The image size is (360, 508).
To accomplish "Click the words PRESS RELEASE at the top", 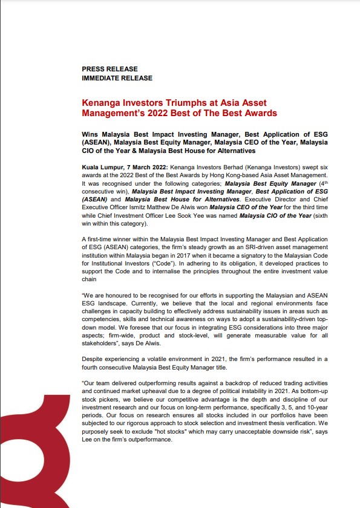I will click(110, 69).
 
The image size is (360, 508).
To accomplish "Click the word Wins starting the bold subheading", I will click(90, 134).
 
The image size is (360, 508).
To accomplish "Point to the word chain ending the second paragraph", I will click(90, 281).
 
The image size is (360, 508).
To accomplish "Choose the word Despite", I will click(94, 359).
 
